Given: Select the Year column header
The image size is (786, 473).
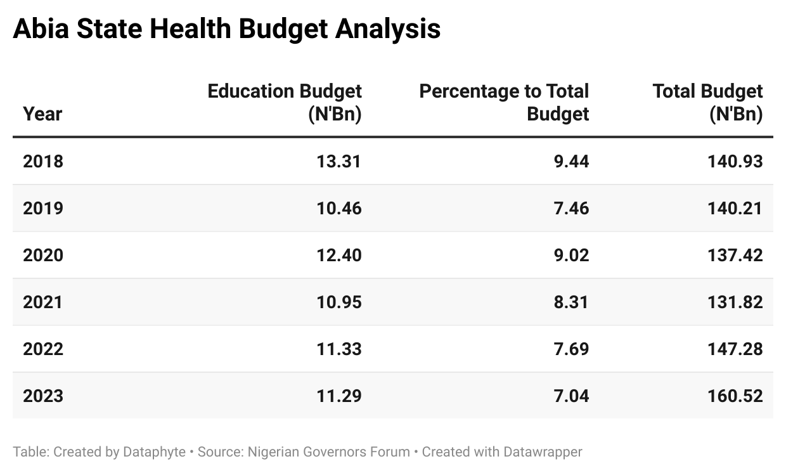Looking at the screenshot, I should tap(42, 114).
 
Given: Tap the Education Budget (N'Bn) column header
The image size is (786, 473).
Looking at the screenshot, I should tap(285, 103).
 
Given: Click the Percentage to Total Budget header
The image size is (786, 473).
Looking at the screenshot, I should tap(504, 103).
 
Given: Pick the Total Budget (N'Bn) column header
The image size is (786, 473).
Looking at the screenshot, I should tap(707, 103).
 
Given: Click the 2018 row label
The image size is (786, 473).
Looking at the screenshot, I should tap(43, 161).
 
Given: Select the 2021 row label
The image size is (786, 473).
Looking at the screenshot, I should tap(43, 302).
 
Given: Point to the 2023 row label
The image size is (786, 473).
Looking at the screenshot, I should tap(43, 396).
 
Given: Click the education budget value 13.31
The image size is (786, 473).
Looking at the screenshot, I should tap(338, 161).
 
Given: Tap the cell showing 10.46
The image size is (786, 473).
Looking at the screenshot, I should tap(338, 208).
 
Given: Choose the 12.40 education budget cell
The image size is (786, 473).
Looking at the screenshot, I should tap(338, 255).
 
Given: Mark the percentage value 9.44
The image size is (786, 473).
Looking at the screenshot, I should tap(570, 161).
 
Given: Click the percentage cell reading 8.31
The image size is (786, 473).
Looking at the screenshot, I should tap(570, 302).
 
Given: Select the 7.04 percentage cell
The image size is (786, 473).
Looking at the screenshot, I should tap(570, 396).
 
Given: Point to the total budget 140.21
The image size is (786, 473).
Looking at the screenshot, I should tap(735, 208).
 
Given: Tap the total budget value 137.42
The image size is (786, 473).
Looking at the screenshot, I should tap(735, 255).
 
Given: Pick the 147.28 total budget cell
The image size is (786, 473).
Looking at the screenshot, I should tap(735, 349).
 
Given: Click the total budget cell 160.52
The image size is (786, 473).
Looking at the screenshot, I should tap(735, 396).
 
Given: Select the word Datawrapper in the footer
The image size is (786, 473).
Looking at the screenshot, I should tap(543, 452).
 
